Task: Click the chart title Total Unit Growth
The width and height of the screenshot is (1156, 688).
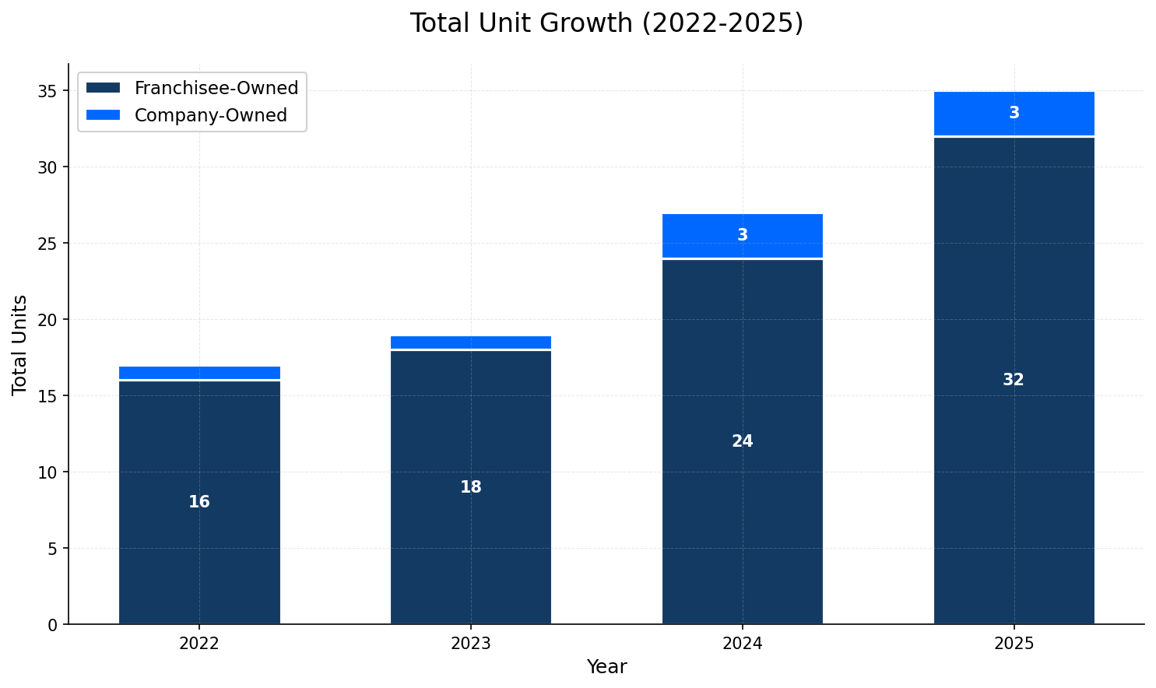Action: (606, 23)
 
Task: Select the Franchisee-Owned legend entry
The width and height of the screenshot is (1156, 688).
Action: (216, 88)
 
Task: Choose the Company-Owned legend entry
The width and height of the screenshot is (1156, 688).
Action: (210, 115)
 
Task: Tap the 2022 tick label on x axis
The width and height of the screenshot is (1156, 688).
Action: (199, 644)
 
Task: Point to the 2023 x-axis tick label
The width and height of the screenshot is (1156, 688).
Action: (471, 644)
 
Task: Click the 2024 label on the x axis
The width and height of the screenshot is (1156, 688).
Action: (742, 644)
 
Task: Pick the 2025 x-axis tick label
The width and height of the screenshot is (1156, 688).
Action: (1014, 644)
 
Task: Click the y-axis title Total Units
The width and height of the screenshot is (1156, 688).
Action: (20, 344)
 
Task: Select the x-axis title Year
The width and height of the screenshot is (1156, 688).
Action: (606, 667)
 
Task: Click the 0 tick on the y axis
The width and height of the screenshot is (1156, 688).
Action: (52, 625)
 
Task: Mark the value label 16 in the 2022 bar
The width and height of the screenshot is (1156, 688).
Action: (199, 502)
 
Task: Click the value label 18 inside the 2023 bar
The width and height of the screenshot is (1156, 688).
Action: (471, 487)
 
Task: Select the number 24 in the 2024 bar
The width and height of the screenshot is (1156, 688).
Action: (742, 441)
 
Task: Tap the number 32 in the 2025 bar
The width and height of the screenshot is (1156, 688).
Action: (1014, 380)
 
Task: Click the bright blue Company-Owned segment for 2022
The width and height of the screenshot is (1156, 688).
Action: (199, 373)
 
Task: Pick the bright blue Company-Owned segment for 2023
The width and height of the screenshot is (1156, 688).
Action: (471, 342)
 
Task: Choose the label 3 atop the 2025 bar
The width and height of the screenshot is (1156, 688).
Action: (1014, 113)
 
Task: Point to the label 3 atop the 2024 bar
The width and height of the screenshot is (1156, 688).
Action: (742, 235)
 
